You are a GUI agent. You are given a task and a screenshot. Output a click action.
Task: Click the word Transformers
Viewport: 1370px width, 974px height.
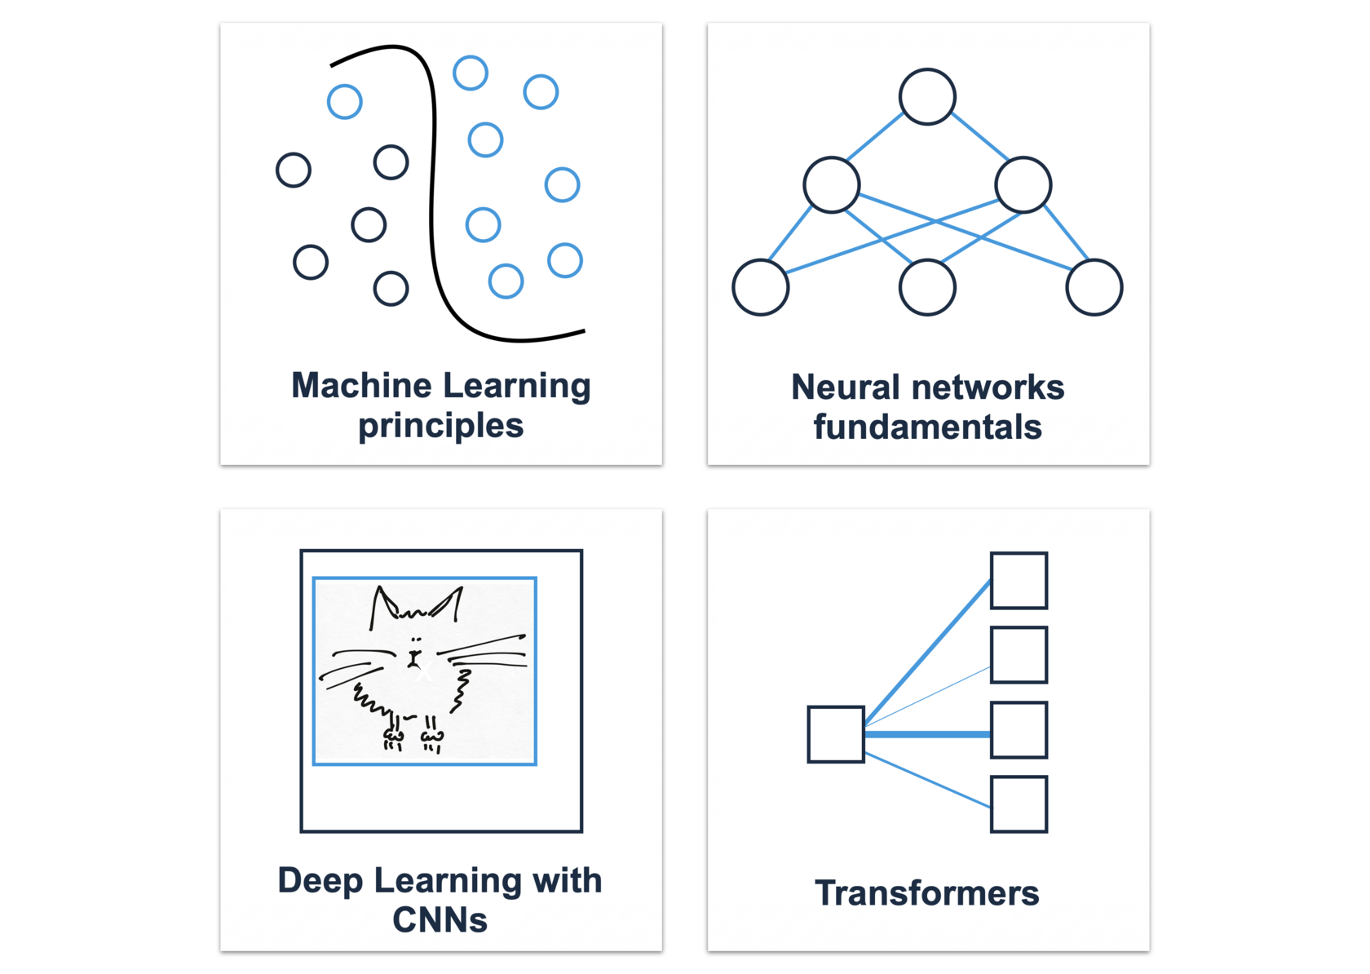tap(927, 893)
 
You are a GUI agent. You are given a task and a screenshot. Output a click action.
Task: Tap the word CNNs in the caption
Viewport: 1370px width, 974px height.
tap(440, 920)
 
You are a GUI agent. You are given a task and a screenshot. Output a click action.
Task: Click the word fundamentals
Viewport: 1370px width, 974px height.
tap(927, 427)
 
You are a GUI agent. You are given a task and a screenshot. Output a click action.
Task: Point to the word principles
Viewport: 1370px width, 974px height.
tap(440, 426)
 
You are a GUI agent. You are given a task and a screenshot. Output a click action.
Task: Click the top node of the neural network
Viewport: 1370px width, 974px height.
tap(927, 97)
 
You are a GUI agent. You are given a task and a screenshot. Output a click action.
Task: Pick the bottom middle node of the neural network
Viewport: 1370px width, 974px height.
tap(927, 287)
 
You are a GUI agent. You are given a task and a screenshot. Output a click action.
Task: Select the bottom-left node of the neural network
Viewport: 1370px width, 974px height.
tap(760, 287)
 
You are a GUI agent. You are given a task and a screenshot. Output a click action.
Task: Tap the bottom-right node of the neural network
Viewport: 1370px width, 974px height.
tap(1094, 287)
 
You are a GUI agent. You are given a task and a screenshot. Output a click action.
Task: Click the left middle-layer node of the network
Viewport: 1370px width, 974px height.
tap(831, 185)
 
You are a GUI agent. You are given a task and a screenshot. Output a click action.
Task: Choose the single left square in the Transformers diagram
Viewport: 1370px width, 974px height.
tap(836, 734)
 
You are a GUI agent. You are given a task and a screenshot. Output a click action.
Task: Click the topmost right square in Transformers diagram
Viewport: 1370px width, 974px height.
tap(1019, 581)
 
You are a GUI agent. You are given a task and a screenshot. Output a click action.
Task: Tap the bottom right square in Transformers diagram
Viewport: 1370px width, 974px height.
tap(1019, 804)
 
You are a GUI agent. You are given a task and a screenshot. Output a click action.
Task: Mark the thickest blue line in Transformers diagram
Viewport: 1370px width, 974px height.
tap(927, 734)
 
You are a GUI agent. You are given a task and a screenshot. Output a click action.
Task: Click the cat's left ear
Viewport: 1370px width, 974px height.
tap(382, 604)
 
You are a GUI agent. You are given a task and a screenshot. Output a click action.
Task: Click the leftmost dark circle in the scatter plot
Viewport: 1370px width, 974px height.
tap(294, 170)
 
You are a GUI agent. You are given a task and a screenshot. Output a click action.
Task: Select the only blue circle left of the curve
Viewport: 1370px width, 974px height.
tap(345, 102)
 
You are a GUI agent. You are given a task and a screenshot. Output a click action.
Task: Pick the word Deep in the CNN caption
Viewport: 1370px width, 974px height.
tap(320, 881)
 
